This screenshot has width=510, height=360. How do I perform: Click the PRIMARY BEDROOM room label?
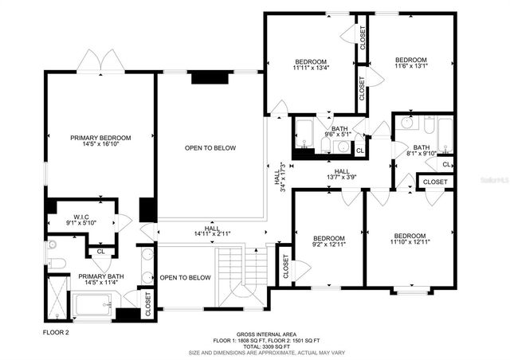(x=100, y=138)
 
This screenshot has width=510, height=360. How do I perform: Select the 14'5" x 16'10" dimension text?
(x=100, y=145)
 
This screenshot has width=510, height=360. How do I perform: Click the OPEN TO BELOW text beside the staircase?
(x=185, y=277)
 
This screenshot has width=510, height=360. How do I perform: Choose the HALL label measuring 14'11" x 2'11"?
(x=212, y=232)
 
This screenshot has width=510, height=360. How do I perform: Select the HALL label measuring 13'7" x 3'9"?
(x=341, y=174)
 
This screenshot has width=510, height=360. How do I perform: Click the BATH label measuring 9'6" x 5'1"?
(x=339, y=131)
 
